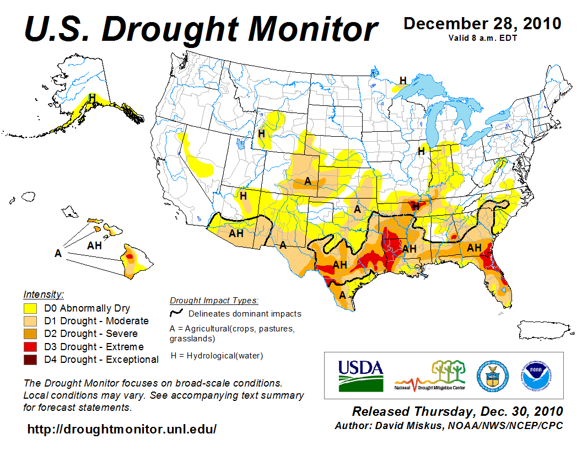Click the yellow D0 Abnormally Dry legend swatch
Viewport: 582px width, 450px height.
30,308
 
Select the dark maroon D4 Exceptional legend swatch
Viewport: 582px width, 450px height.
30,360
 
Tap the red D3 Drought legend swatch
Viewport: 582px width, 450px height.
30,347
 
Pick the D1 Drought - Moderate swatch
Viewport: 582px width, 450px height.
30,321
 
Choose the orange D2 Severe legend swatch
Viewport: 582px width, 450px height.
30,334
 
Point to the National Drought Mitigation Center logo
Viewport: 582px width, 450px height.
430,376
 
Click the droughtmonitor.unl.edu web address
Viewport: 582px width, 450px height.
122,428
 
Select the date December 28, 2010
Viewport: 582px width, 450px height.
482,24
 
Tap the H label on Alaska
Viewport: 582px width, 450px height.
93,98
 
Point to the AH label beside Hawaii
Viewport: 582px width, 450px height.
95,245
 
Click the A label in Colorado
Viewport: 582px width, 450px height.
308,181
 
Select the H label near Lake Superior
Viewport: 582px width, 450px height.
403,81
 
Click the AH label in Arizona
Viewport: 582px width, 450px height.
236,233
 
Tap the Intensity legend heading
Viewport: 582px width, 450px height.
44,294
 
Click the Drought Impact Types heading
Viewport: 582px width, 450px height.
213,301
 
